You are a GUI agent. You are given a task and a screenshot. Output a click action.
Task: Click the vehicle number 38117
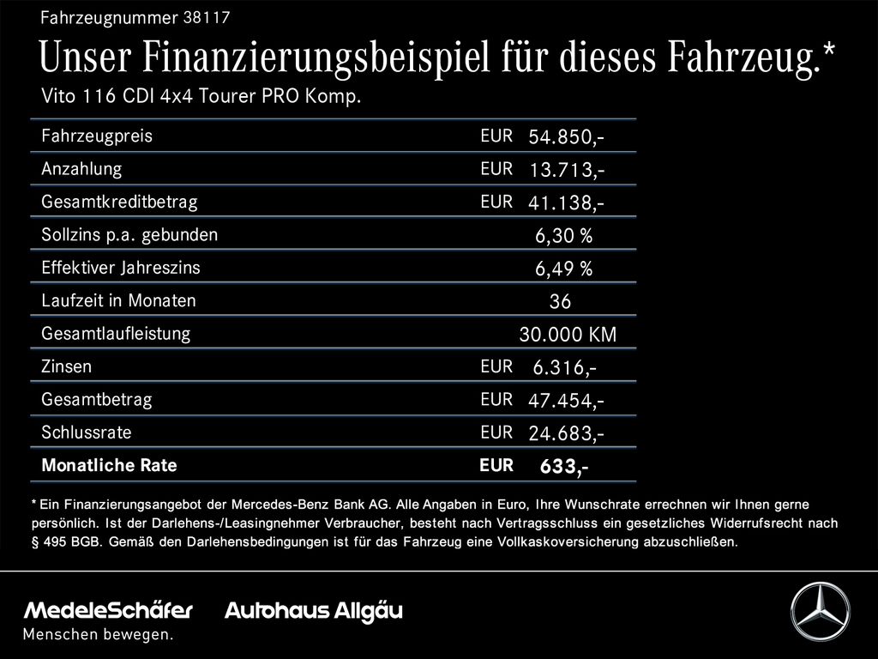[x=206, y=17]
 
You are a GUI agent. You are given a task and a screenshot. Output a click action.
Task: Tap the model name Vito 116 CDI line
[x=201, y=96]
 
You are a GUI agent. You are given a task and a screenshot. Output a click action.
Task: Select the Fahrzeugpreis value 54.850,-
[x=566, y=136]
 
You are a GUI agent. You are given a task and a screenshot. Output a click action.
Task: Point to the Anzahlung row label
[x=81, y=169]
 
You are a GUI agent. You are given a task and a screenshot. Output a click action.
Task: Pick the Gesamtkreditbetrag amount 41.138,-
[x=566, y=203]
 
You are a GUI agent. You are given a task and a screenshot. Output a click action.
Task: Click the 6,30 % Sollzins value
[x=564, y=235]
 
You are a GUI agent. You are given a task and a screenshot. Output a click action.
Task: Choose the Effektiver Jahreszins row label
[x=121, y=268]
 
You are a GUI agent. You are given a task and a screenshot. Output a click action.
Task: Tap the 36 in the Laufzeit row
[x=560, y=301]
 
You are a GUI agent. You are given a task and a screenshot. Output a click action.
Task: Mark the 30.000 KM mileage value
[x=568, y=335]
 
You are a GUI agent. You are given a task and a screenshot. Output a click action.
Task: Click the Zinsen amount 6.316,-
[x=564, y=367]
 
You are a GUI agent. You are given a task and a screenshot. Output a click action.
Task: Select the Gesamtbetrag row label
[x=97, y=400]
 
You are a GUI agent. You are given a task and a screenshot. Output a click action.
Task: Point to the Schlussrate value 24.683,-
[x=566, y=433]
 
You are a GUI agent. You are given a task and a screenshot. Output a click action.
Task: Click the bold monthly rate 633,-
[x=564, y=466]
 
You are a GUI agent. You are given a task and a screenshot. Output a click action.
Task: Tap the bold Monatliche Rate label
[x=109, y=465]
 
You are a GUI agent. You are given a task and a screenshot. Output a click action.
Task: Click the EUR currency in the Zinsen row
[x=496, y=366]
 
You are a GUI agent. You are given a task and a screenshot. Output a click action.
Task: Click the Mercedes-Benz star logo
[x=821, y=611]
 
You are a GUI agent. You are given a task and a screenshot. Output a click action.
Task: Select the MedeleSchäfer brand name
[x=108, y=610]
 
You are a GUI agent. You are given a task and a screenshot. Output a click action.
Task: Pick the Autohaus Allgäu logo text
[x=314, y=611]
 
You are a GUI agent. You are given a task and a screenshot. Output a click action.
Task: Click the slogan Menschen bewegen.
[x=98, y=634]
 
